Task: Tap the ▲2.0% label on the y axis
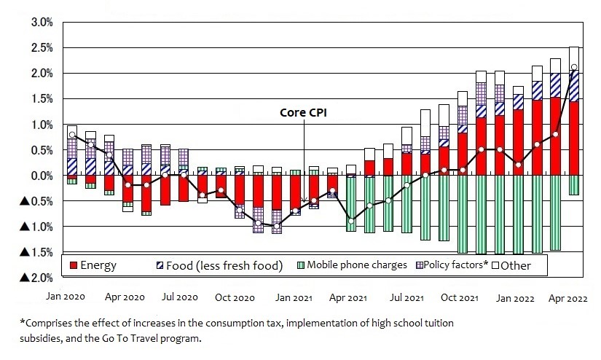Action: coord(36,278)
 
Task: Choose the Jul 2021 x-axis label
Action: coord(406,297)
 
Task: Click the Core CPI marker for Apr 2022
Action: coord(574,67)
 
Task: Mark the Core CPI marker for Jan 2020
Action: coord(72,134)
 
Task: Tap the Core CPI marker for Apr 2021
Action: coord(351,220)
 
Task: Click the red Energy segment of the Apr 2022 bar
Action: coord(574,138)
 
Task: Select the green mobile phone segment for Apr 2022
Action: coord(574,185)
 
